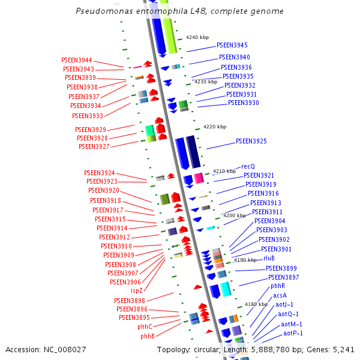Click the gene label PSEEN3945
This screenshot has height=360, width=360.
point(232,45)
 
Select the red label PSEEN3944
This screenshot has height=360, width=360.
point(77,60)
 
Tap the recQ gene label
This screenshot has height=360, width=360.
point(248,166)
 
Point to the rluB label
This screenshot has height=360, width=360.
point(269,258)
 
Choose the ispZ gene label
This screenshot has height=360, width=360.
point(137,290)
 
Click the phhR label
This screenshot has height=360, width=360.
point(278,286)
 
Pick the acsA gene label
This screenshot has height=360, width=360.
point(280,295)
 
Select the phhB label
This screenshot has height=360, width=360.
point(148,336)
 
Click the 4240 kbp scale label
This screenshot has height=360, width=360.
point(197,37)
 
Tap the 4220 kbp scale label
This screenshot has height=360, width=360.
point(215,127)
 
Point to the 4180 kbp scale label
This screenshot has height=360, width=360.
point(256,304)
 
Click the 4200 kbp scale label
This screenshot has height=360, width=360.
point(235,215)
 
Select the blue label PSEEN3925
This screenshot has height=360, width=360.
point(251,141)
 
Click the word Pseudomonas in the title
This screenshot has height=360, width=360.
point(103,11)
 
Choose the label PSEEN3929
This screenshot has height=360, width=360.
point(91,130)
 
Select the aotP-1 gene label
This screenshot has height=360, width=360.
point(293,333)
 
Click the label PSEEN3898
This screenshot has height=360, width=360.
point(130,300)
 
